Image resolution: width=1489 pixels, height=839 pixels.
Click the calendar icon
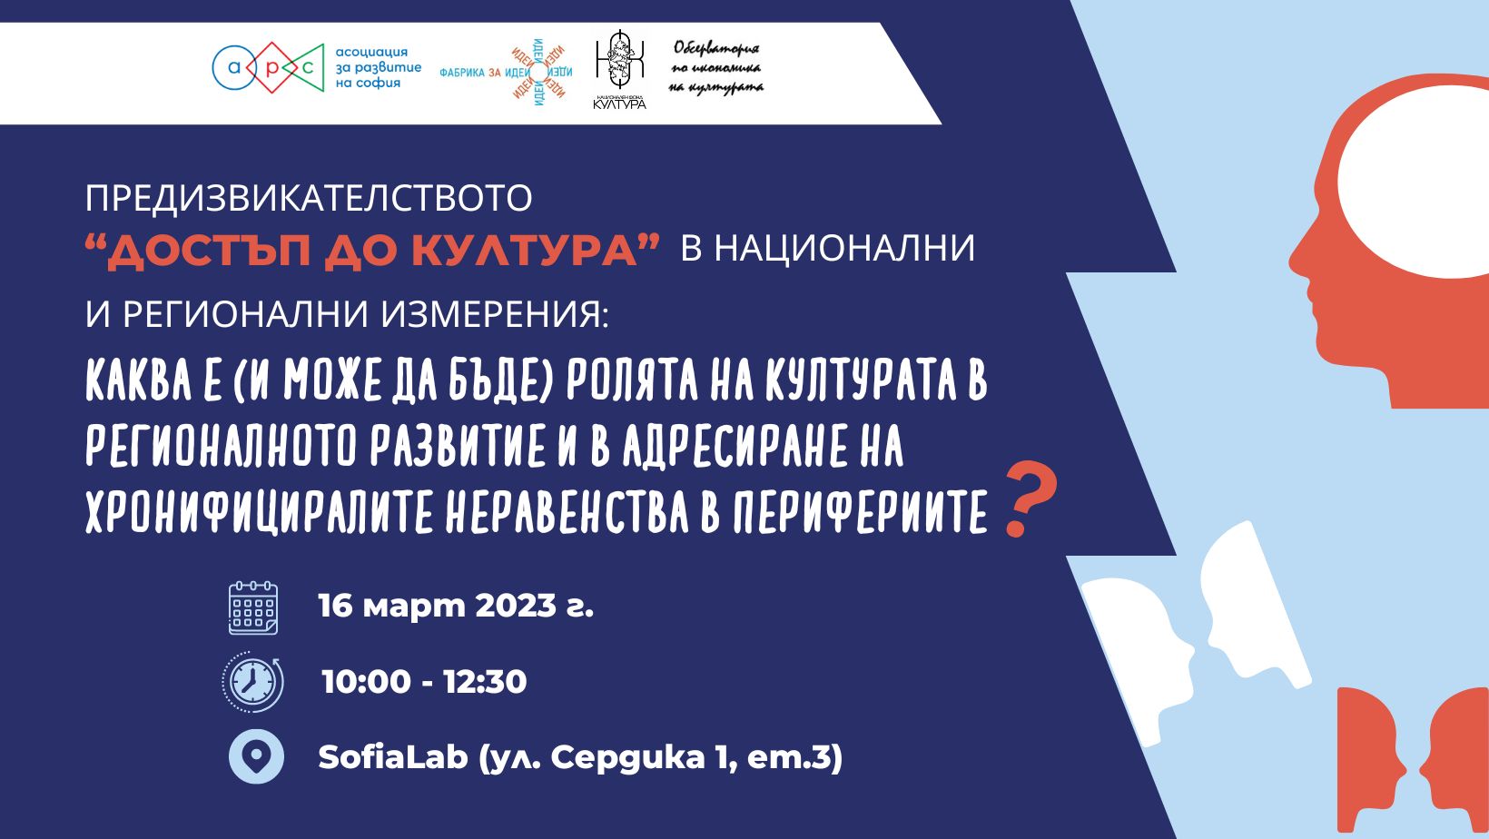(253, 607)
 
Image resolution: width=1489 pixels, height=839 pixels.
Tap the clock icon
(253, 682)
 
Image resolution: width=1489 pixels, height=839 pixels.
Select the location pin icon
(256, 756)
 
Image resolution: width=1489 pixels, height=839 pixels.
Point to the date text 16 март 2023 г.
(456, 607)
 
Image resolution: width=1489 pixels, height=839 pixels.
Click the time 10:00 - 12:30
(424, 682)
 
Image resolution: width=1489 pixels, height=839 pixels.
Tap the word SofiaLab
(393, 756)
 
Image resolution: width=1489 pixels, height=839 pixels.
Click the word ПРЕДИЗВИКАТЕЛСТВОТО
(309, 197)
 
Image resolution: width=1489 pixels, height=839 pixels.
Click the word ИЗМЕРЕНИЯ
(495, 314)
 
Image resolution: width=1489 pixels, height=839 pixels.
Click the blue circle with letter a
(233, 67)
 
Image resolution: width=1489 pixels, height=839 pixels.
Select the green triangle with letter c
(307, 67)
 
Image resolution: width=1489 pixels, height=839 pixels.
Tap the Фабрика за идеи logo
(506, 72)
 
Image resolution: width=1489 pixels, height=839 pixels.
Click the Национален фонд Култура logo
(619, 69)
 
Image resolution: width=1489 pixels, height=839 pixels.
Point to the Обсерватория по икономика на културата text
(716, 68)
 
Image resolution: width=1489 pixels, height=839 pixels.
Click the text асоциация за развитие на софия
(379, 67)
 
